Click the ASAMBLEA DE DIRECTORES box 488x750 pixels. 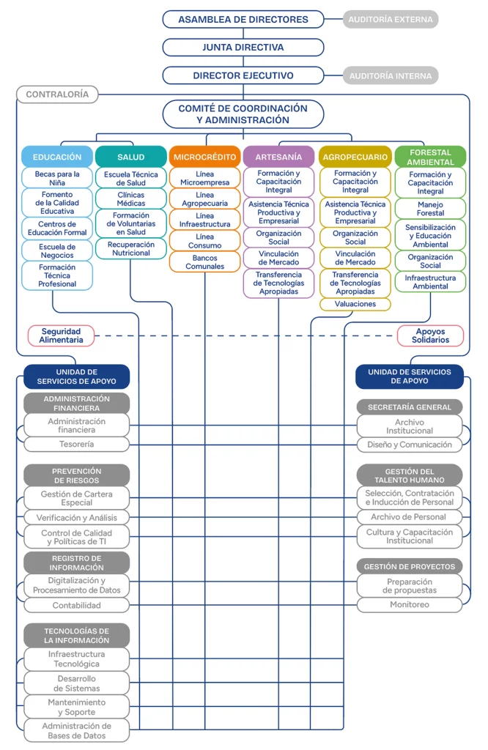coord(243,20)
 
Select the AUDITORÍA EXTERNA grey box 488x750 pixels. coord(391,20)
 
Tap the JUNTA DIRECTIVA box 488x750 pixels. coord(243,48)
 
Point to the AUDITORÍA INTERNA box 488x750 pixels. coord(391,75)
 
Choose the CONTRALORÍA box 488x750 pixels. coord(57,94)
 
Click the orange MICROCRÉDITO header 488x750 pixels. coord(204,157)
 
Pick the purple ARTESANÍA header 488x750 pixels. coord(278,157)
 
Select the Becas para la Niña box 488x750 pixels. coord(57,178)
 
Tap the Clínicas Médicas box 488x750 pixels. coord(130,198)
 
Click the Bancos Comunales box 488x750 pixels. coord(204,261)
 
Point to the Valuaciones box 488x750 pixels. coord(355,304)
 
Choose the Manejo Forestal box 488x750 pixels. coord(430,209)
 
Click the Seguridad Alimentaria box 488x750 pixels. coord(61,335)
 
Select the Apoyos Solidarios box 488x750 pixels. coord(430,335)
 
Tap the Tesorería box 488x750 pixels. coord(76,444)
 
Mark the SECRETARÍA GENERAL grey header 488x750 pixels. coord(410,407)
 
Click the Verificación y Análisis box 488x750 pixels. coord(76,518)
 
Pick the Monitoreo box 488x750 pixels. coord(410,604)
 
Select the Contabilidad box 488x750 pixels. coord(76,605)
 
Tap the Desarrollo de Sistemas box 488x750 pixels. coord(76,683)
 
